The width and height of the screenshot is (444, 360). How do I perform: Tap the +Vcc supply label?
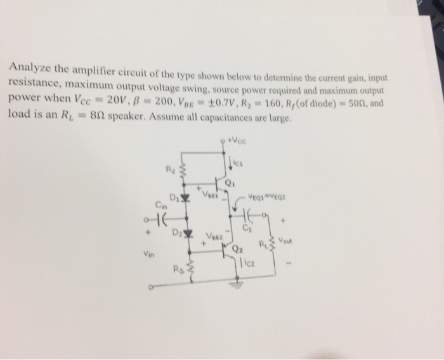pos(237,135)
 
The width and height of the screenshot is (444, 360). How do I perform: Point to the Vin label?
pos(147,253)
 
